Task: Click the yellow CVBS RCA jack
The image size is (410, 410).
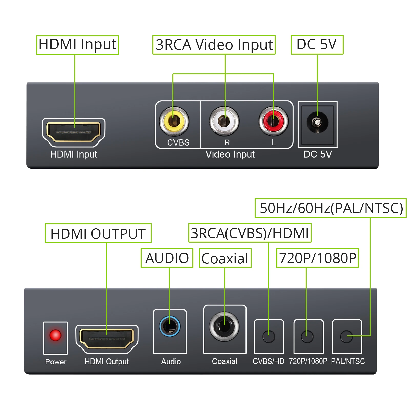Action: tap(174, 121)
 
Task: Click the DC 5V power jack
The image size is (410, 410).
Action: tap(317, 122)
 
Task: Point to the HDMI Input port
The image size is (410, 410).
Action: tap(74, 132)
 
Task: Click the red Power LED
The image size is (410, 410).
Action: tap(55, 335)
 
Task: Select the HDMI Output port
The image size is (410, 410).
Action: tap(107, 339)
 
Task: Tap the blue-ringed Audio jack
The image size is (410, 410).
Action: tap(170, 326)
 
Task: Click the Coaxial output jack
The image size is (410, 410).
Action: tap(224, 326)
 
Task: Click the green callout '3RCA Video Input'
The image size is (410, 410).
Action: tap(214, 45)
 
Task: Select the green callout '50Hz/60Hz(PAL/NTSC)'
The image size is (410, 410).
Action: tap(331, 208)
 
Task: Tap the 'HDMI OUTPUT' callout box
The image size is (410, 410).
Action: tap(98, 233)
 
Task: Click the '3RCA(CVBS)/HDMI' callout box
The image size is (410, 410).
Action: tap(250, 233)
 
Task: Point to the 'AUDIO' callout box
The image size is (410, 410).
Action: tap(167, 258)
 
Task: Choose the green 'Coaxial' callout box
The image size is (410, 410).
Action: tap(225, 258)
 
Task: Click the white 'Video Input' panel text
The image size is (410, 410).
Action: tap(230, 154)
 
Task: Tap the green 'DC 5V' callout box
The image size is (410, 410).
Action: tap(317, 45)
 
